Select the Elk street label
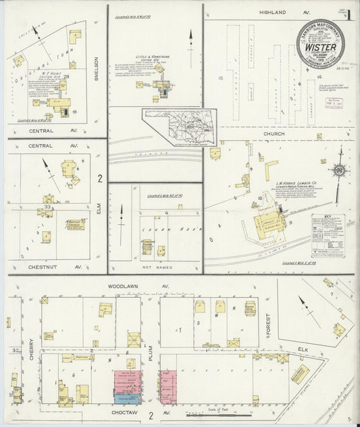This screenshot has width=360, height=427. point(303,348)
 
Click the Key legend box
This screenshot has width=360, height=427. point(328,233)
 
